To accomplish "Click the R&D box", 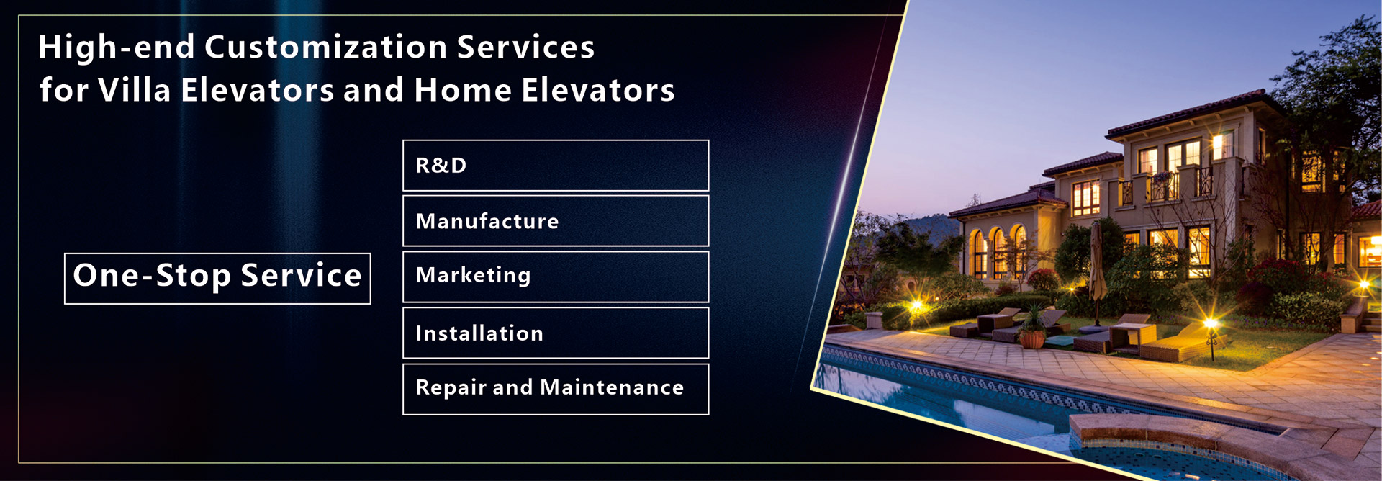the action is [x=556, y=166].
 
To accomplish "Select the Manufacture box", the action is [x=556, y=221].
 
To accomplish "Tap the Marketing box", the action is [x=556, y=277].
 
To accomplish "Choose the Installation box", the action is [x=556, y=333].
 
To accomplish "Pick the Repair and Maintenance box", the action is [x=556, y=389].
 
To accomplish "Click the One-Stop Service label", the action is [x=217, y=278].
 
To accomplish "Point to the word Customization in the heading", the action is [x=326, y=48].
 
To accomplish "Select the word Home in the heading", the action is [x=462, y=90].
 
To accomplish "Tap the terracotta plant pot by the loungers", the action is [x=1032, y=338].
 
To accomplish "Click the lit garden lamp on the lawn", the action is [x=1211, y=334].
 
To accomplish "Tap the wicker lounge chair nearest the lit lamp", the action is [x=1174, y=344].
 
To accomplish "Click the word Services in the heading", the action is [x=525, y=48].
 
